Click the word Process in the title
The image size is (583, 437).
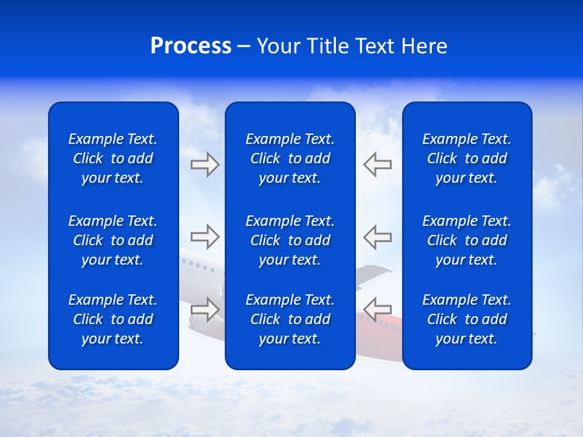[x=191, y=46]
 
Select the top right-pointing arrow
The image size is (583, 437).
[x=205, y=164]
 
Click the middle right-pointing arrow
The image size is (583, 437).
[x=205, y=236]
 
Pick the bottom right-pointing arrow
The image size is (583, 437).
[x=205, y=309]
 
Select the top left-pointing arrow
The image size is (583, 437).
[x=377, y=164]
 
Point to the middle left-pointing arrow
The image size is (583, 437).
[x=377, y=236]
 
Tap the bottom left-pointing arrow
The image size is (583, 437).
[x=377, y=309]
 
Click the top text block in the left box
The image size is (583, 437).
[x=113, y=158]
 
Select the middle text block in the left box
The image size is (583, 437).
[x=113, y=240]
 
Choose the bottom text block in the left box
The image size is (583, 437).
[x=113, y=319]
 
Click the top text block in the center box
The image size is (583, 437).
[x=290, y=158]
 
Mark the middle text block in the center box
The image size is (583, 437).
[x=290, y=240]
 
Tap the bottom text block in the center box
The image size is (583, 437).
[x=290, y=319]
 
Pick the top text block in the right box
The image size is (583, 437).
[x=466, y=158]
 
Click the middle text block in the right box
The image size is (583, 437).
[x=466, y=240]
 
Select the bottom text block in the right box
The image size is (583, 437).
[x=466, y=319]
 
